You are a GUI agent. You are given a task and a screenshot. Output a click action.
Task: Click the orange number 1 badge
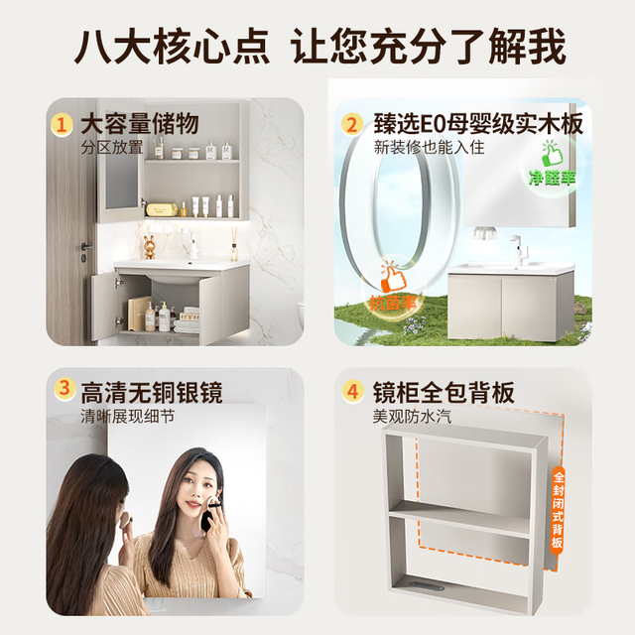[x=62, y=125]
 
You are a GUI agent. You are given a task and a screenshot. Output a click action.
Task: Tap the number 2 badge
[x=352, y=125]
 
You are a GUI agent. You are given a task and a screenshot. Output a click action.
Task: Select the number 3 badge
[x=64, y=389]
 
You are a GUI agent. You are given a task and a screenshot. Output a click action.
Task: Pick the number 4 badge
[x=353, y=391]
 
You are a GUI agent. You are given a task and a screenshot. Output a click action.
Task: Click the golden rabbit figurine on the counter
[x=149, y=247]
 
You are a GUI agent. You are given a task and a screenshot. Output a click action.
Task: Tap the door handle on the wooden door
[x=86, y=247]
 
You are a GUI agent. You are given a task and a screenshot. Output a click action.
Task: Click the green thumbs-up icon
[x=552, y=153]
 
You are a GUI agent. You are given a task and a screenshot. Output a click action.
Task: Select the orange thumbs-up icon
[x=393, y=279]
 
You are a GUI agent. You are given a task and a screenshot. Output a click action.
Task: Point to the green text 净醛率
[x=552, y=178]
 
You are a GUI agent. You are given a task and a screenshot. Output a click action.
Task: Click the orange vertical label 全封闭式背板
[x=558, y=509]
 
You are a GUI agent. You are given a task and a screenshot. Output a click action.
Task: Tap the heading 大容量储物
[x=140, y=123]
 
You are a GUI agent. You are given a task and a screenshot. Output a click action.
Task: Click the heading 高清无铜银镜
[x=152, y=392]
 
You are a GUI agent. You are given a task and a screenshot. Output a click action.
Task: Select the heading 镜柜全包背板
[x=444, y=392]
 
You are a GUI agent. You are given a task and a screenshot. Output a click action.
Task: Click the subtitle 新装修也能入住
[x=429, y=147]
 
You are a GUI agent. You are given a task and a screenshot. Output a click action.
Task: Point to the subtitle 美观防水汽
[x=412, y=417]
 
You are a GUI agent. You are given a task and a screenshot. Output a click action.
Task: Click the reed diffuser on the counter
[x=234, y=244]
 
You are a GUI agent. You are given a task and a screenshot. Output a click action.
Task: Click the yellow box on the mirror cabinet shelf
[x=162, y=209]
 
